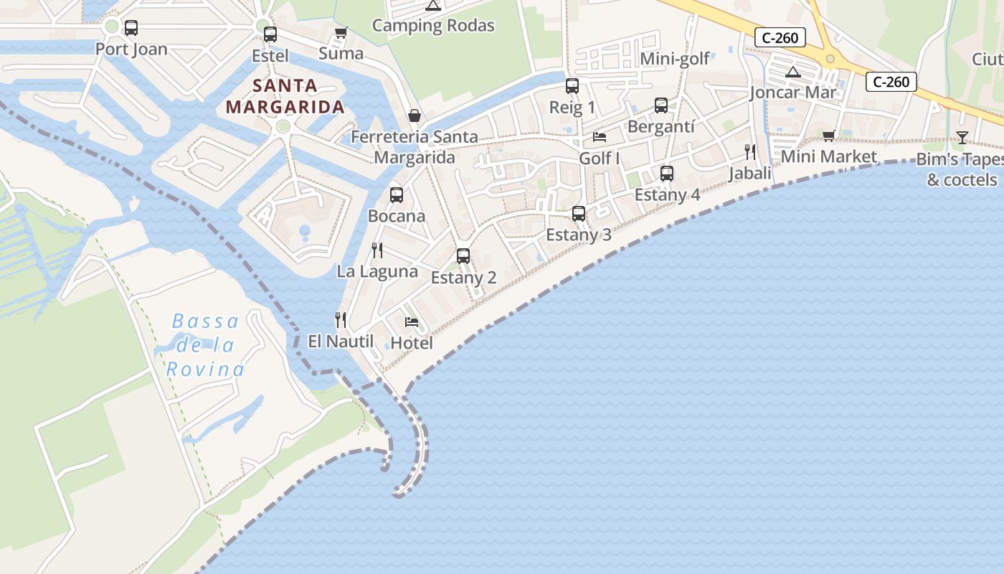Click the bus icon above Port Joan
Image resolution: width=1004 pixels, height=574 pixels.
131,28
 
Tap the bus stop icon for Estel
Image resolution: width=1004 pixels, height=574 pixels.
270,34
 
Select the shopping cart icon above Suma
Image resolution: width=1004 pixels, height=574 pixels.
341,32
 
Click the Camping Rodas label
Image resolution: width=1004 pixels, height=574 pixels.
433,26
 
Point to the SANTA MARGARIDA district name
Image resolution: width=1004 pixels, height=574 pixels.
285,97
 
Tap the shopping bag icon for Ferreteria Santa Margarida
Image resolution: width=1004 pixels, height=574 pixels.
415,116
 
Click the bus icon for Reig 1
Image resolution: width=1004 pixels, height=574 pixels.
572,86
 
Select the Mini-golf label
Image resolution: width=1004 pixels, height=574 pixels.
675,59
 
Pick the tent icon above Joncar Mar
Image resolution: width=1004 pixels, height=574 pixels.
792,72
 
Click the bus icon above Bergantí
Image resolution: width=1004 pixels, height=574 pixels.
661,105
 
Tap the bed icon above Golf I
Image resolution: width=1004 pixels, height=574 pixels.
600,137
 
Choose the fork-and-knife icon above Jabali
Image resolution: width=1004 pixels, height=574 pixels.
750,151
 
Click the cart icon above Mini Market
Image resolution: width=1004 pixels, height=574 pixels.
829,136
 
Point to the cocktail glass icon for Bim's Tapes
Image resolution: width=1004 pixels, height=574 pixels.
962,137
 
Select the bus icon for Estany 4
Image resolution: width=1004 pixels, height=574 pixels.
667,173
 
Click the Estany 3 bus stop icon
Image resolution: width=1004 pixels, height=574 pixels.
579,213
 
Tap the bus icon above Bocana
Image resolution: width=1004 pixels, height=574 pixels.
397,194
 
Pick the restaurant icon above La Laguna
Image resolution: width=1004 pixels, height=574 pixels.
377,250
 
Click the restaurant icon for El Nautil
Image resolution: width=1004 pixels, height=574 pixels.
341,319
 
